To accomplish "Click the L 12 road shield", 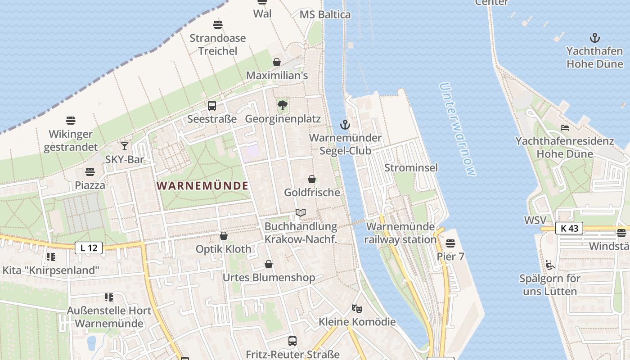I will (89, 247).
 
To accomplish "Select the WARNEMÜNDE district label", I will (202, 185).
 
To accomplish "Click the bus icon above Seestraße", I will (211, 106).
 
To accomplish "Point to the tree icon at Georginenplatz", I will (283, 106).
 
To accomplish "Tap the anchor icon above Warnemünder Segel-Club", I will (345, 125).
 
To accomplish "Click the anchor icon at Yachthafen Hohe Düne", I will (595, 38).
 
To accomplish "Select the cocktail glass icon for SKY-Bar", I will (124, 146).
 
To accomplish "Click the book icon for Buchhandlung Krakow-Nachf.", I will (301, 212).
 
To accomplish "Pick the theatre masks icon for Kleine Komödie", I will (357, 308).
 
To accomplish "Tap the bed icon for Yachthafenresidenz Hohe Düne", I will (564, 128).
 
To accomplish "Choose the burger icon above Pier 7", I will (450, 243).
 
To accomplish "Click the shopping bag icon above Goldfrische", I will (312, 179).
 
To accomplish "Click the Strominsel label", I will (411, 168).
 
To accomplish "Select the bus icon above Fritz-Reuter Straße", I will (292, 341).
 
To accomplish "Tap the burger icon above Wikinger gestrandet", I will (71, 121).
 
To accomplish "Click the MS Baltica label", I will (325, 14).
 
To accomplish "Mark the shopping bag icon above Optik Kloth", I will (224, 236).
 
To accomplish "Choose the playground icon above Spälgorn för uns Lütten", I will (549, 265).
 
